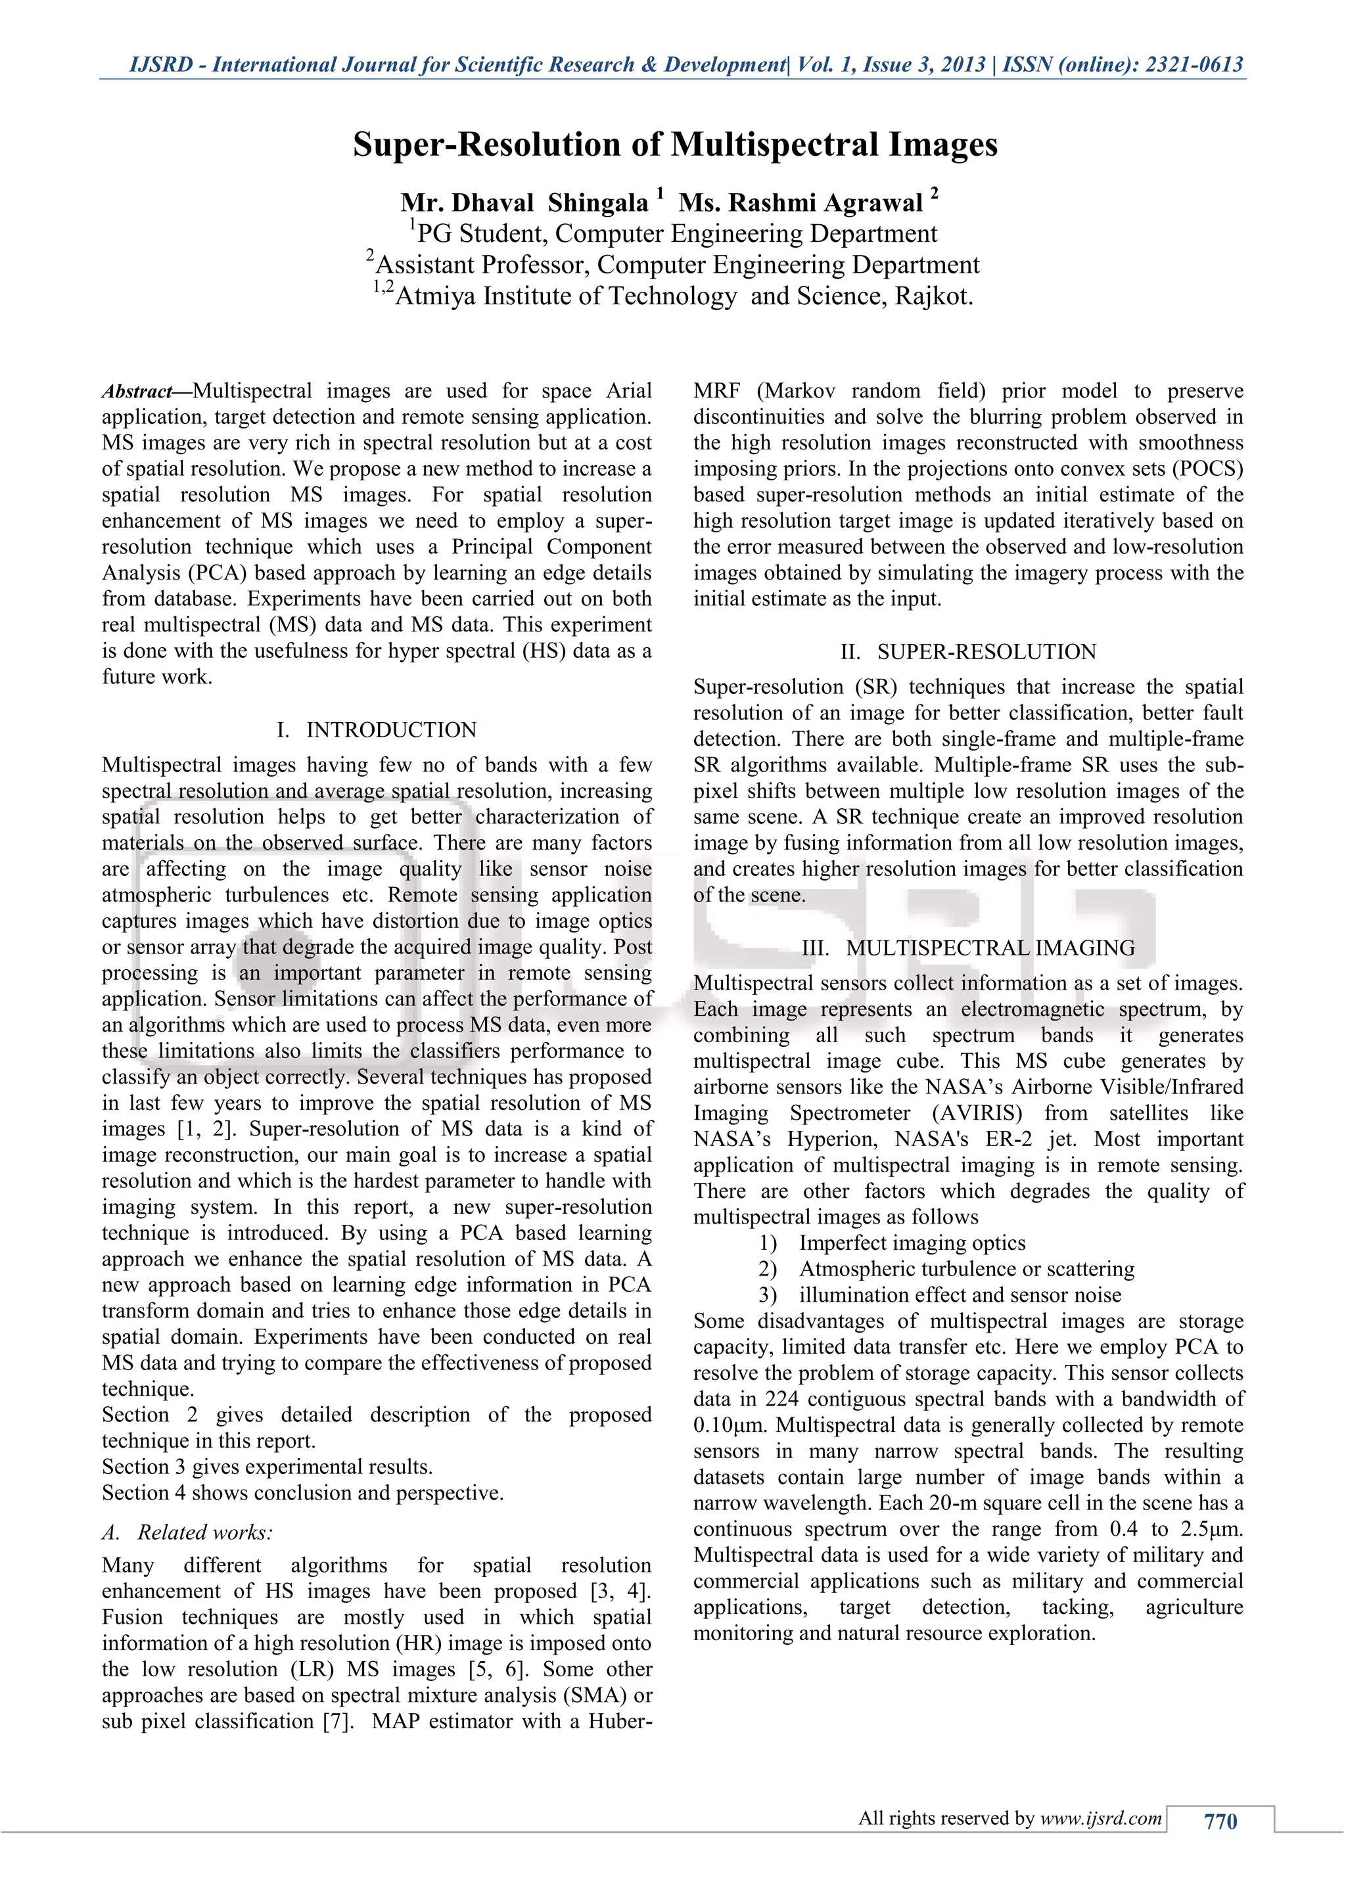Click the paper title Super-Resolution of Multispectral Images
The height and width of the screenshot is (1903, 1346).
pos(675,144)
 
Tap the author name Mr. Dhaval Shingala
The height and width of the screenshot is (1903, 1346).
pos(524,203)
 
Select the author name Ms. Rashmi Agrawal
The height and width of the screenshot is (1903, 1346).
pos(800,203)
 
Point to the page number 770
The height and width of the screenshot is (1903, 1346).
pos(1220,1821)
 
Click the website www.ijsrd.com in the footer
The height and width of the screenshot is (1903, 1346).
pos(1101,1818)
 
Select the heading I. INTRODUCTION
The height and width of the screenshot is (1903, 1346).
pos(377,729)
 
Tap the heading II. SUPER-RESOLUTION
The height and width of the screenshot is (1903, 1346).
pos(968,651)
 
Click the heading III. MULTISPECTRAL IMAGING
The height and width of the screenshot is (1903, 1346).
pos(968,948)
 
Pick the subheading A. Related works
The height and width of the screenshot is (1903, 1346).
pos(187,1532)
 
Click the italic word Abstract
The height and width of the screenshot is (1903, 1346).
pos(136,391)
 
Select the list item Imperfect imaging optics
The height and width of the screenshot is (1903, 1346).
pos(912,1243)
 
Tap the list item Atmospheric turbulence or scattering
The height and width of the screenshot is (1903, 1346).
pos(966,1268)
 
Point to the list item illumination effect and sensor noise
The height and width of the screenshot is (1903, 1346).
pos(960,1295)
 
